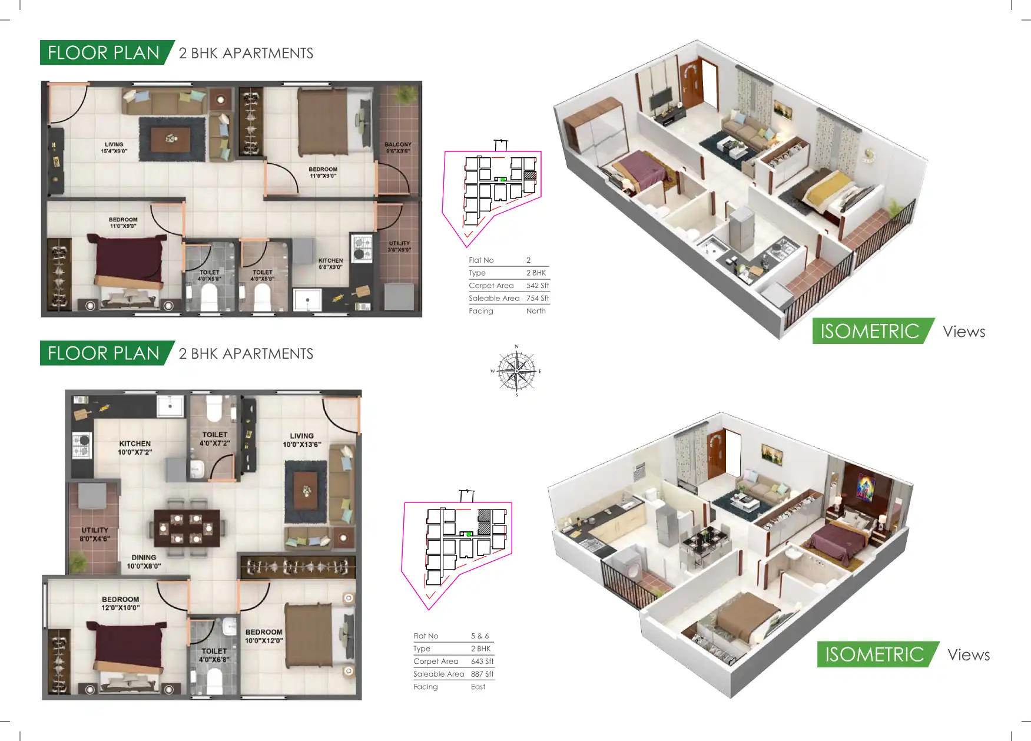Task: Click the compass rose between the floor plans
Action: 516,371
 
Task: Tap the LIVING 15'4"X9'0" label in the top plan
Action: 114,148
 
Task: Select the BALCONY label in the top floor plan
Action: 398,147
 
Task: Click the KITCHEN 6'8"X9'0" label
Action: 330,263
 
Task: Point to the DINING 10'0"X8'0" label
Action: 144,561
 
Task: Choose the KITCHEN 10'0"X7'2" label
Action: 135,448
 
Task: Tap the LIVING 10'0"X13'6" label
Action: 301,440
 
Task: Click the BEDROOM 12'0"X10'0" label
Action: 120,603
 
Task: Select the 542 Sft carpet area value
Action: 537,286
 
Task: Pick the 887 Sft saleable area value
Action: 482,674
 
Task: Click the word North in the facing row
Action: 536,311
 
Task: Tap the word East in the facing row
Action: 478,687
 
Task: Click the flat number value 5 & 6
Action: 479,636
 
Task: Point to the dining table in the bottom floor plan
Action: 187,528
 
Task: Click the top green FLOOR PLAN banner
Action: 104,52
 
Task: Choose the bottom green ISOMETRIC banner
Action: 874,654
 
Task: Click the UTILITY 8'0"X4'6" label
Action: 95,534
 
